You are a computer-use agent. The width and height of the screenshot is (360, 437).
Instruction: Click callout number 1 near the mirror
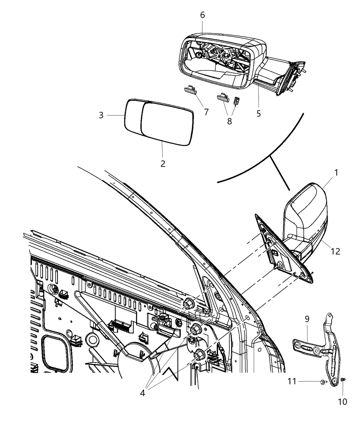click(336, 173)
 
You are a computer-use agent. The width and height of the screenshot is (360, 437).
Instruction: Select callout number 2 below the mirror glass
click(163, 163)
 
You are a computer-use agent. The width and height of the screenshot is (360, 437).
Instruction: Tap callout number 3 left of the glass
click(101, 116)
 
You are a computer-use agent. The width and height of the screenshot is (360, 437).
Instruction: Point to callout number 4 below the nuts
click(142, 393)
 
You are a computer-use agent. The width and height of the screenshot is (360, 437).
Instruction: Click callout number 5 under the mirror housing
click(259, 113)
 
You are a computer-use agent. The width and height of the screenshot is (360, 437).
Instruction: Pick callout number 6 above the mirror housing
click(202, 15)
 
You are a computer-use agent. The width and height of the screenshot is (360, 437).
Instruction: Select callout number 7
click(206, 112)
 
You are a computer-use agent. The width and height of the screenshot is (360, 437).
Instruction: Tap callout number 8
click(229, 121)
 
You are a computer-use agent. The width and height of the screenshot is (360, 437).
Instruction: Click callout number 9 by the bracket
click(307, 319)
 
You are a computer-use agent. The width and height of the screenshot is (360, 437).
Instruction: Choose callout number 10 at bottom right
click(343, 401)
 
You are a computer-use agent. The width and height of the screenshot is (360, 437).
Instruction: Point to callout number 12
click(335, 251)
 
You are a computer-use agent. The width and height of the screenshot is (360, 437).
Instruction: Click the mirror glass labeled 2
click(166, 123)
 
